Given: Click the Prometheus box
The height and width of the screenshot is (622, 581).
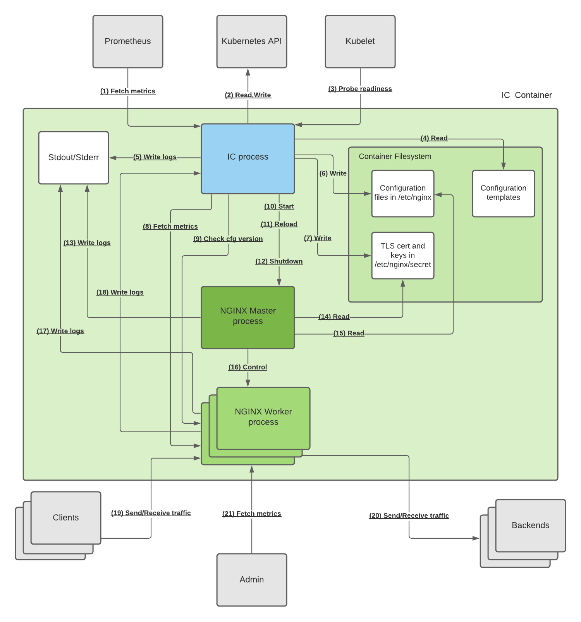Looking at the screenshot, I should tap(128, 41).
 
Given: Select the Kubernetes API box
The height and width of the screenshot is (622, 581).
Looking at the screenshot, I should tap(252, 41).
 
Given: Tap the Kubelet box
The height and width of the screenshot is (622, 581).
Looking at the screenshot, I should tap(360, 41).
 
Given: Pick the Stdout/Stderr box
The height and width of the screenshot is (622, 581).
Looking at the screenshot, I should tap(74, 158).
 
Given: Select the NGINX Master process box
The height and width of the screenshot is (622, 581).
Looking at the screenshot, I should tap(248, 317).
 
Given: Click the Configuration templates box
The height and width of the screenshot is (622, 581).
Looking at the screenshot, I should tap(504, 193).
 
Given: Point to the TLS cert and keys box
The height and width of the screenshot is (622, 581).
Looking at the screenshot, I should tap(403, 255).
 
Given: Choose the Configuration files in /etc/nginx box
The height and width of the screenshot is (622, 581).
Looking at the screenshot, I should tap(403, 193).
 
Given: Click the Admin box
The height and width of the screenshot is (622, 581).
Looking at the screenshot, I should tap(252, 579).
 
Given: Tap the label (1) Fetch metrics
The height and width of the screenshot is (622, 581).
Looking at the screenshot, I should tap(128, 91).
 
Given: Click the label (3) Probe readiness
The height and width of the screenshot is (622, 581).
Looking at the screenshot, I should tap(360, 89).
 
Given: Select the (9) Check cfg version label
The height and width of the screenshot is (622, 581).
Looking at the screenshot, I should tap(228, 239).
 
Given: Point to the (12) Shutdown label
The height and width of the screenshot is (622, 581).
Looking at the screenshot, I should tap(279, 261).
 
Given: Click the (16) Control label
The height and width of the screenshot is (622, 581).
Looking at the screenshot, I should tap(248, 367).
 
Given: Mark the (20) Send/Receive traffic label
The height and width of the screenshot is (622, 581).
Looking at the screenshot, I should tap(409, 515).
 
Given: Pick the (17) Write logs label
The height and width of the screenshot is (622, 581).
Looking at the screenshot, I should tap(60, 331).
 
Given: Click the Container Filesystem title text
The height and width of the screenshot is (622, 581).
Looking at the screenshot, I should tap(395, 156).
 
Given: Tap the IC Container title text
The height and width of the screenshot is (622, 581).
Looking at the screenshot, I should tap(526, 95).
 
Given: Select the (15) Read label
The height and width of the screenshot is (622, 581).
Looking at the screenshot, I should tap(349, 333).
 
